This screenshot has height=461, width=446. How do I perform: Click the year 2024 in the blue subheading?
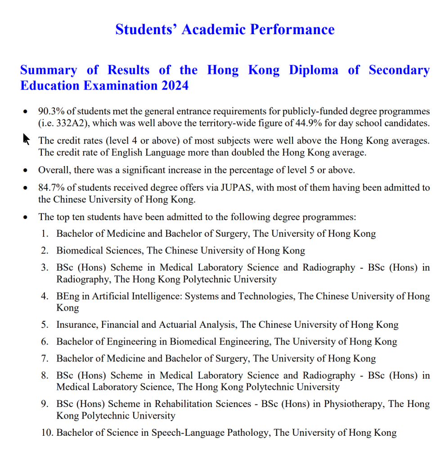[x=173, y=85]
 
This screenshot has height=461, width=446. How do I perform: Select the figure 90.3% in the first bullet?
[x=50, y=111]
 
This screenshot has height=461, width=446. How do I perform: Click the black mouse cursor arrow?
[x=26, y=139]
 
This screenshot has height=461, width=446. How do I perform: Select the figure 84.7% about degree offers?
[x=50, y=188]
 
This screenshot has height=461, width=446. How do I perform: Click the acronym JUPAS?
[x=235, y=188]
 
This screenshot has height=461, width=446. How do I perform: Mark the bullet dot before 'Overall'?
[x=27, y=171]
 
